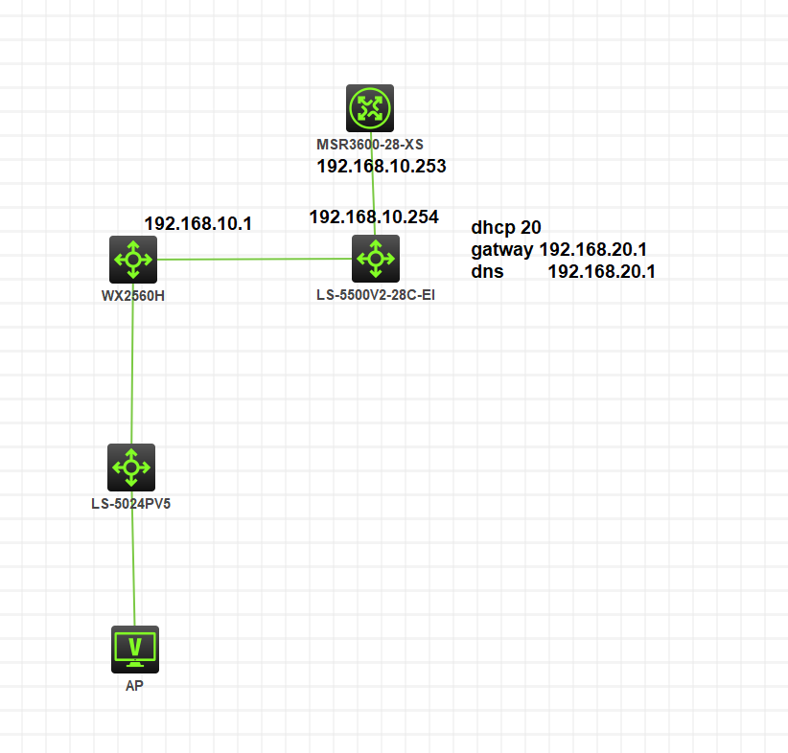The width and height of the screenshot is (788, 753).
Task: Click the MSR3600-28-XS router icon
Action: click(x=370, y=108)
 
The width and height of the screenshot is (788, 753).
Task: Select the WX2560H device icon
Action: click(x=132, y=259)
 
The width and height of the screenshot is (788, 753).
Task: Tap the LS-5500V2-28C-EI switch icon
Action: click(x=375, y=259)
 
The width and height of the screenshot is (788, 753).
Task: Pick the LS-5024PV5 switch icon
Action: click(x=130, y=468)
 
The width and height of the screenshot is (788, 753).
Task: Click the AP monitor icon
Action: click(x=135, y=650)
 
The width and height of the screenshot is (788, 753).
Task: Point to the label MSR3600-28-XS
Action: click(x=370, y=145)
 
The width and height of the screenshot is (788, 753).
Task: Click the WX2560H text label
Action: click(x=132, y=295)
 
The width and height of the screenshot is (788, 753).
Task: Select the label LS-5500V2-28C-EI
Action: click(x=375, y=295)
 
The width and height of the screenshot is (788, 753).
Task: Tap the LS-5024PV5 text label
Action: click(x=130, y=503)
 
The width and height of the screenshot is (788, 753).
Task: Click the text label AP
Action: click(x=134, y=686)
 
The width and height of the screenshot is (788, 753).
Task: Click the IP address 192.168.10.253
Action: click(x=382, y=167)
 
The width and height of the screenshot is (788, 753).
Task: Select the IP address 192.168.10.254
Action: click(x=374, y=217)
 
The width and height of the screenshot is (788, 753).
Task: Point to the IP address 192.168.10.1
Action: click(x=197, y=223)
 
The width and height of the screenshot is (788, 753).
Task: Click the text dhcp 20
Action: click(x=506, y=228)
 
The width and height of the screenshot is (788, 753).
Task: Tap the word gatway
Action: click(x=502, y=250)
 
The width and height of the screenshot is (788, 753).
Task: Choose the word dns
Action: click(x=487, y=272)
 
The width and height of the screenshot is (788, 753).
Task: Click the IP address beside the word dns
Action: click(x=601, y=272)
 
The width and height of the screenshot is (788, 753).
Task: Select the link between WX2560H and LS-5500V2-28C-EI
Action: click(x=254, y=259)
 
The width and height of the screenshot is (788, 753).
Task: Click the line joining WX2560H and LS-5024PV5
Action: click(x=131, y=364)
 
